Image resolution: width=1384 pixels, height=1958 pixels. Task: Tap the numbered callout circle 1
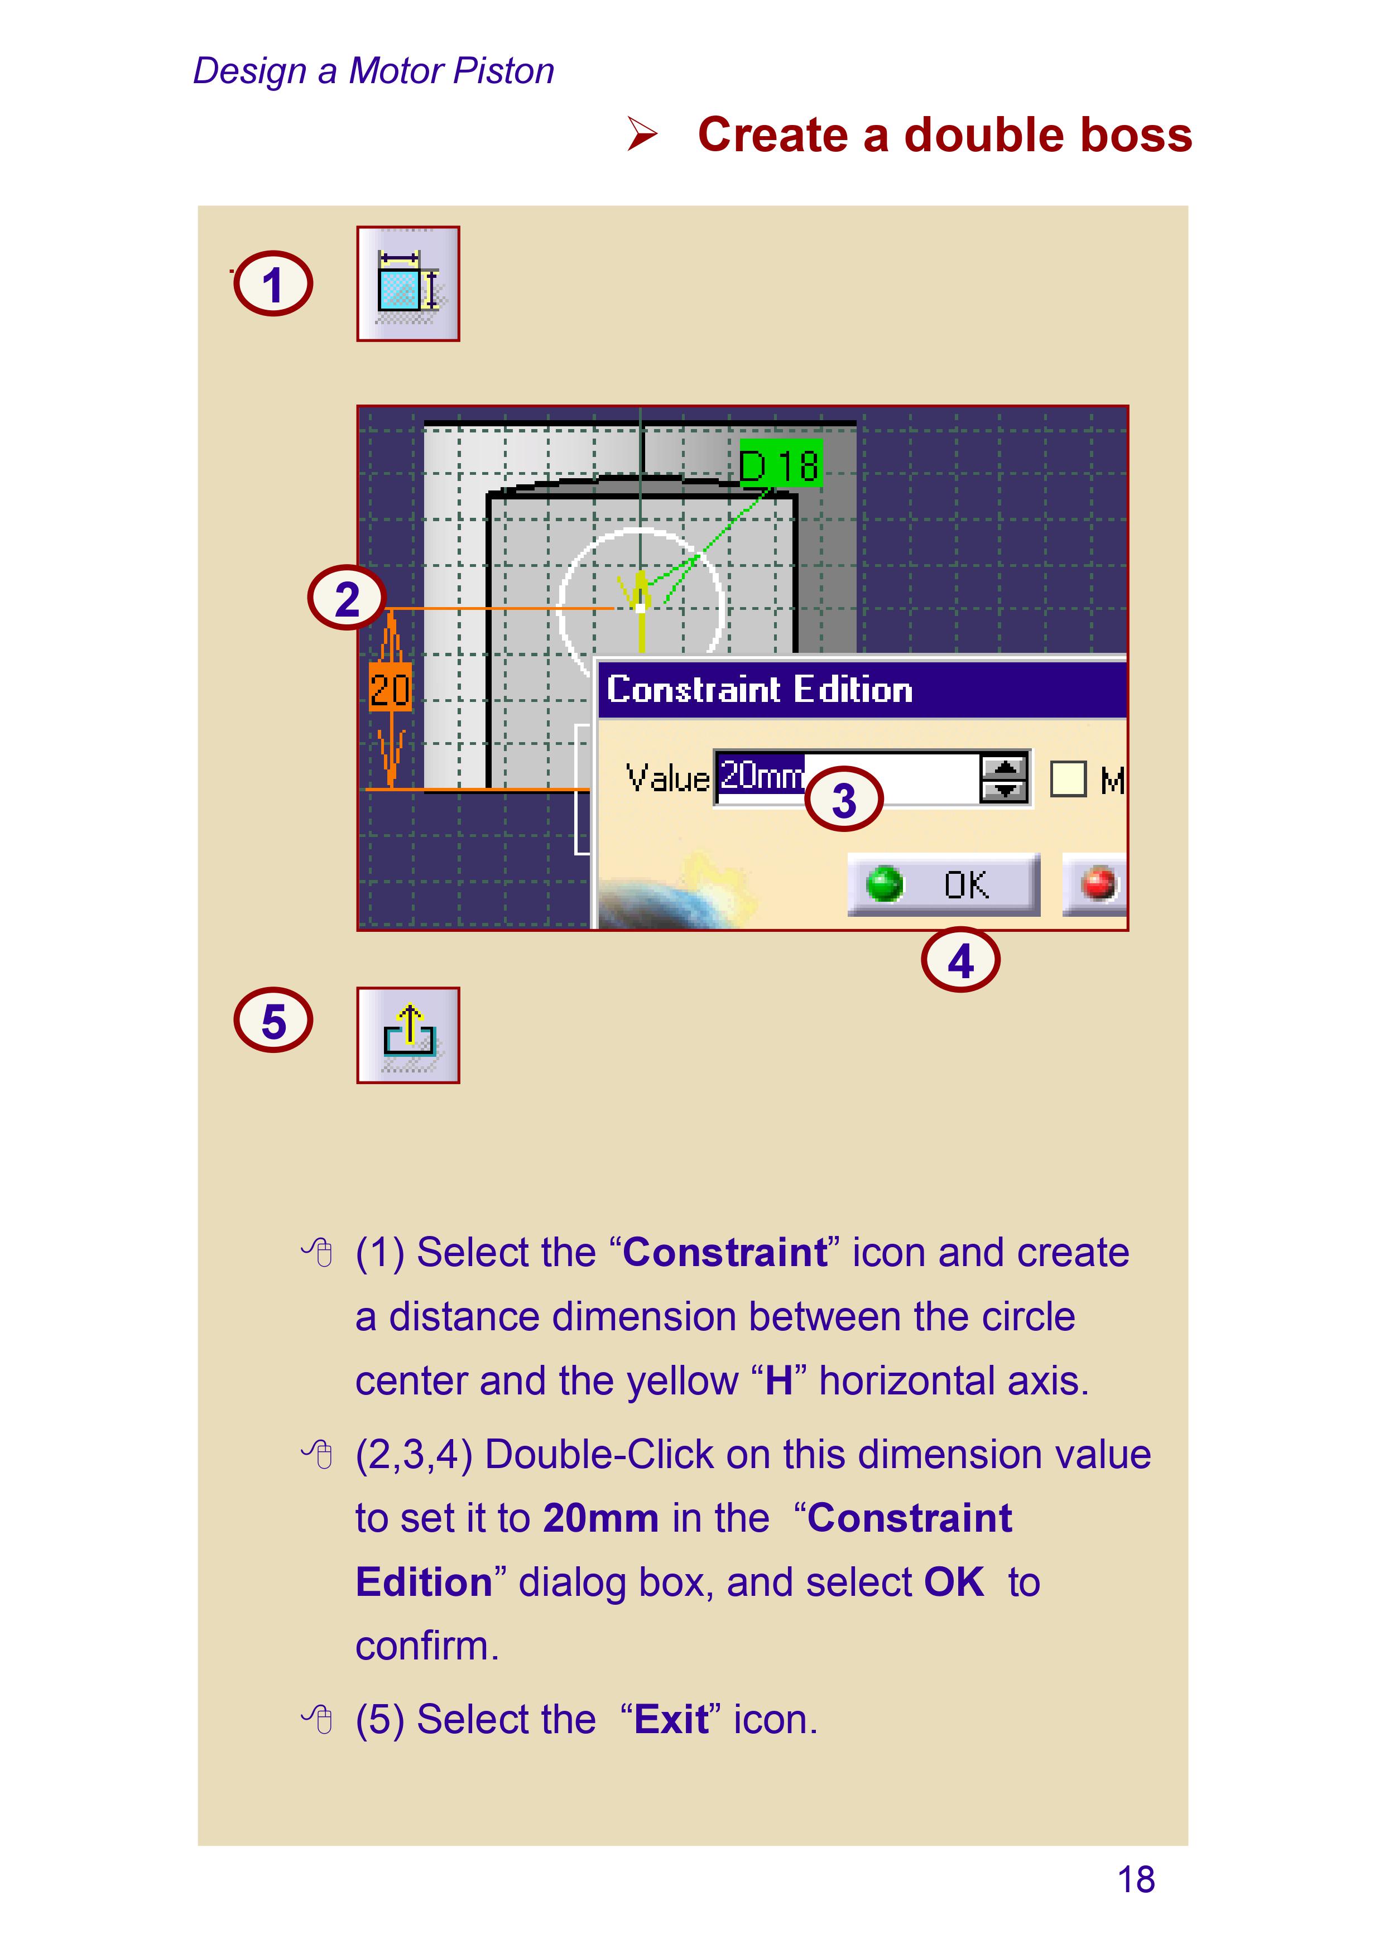273,284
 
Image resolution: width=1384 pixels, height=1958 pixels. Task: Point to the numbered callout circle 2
346,598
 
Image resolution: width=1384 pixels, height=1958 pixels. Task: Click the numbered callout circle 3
843,799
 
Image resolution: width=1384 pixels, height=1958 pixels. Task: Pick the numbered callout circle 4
960,959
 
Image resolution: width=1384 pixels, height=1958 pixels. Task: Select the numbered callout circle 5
273,1020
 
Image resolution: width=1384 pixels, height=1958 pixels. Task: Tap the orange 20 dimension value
390,688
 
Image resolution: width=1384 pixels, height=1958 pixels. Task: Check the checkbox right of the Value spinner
1068,778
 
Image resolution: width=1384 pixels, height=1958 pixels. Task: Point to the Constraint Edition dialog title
759,689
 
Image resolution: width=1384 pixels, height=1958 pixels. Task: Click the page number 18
1136,1879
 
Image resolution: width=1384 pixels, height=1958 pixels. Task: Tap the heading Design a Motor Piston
373,71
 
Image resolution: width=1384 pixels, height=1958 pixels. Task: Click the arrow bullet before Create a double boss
643,134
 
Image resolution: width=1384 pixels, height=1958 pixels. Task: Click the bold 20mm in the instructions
601,1517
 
